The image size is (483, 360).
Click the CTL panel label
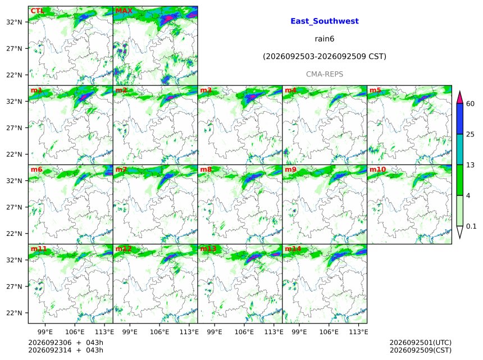tap(37, 11)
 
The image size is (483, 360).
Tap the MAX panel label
tap(124, 11)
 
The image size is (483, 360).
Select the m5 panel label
tap(375, 90)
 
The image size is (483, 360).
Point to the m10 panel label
tap(377, 170)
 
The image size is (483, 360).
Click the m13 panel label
tap(208, 249)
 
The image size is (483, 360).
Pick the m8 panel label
tap(206, 170)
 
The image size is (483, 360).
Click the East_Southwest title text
tap(325, 21)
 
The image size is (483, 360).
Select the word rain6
tap(325, 39)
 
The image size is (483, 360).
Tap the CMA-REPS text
tap(325, 74)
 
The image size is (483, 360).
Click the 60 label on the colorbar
tap(470, 104)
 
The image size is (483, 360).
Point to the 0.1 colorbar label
tap(471, 226)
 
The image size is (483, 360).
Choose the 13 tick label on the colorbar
tap(470, 165)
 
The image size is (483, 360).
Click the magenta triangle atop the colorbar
tap(459, 98)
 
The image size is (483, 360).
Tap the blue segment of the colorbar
tap(459, 119)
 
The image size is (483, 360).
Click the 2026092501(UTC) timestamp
tap(421, 343)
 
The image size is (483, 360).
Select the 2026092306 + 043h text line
tap(66, 343)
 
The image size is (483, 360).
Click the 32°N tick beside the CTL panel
tap(14, 22)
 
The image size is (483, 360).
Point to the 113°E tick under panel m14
tap(358, 332)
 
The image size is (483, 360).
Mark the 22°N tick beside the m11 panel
tap(14, 313)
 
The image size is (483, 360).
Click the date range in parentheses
tap(325, 57)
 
